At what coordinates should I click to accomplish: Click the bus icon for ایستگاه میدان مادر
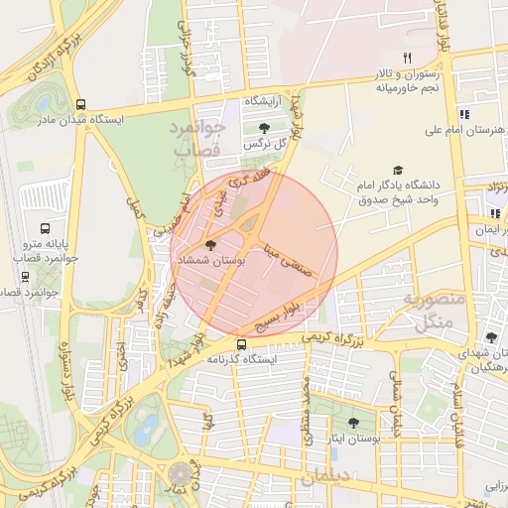pos(81,104)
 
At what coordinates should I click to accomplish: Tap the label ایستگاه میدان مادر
pos(133,119)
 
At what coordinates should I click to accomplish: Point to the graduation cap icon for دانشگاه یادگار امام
pos(398,171)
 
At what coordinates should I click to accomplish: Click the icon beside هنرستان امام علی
pos(464,114)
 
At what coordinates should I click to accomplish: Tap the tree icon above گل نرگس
pos(264,128)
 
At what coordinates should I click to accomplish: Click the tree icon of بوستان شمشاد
pos(209,244)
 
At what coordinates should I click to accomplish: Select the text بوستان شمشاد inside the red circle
pos(205,259)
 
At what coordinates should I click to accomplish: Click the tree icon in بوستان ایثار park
pos(353,423)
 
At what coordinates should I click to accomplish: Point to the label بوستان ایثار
pos(354,438)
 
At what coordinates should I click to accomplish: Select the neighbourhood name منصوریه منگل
pos(428,310)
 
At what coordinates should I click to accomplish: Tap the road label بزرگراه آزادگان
pos(52,63)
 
